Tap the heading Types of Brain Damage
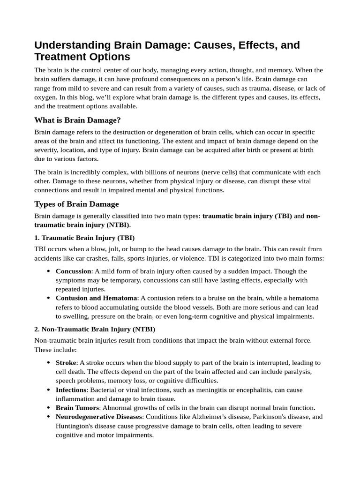pyautogui.click(x=76, y=204)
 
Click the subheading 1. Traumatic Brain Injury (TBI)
pyautogui.click(x=84, y=238)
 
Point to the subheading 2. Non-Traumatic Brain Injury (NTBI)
pyautogui.click(x=95, y=329)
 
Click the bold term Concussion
pyautogui.click(x=73, y=271)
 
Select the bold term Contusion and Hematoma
pyautogui.click(x=96, y=298)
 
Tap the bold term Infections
pyautogui.click(x=71, y=390)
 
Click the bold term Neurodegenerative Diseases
pyautogui.click(x=98, y=417)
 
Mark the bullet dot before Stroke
pyautogui.click(x=49, y=363)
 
